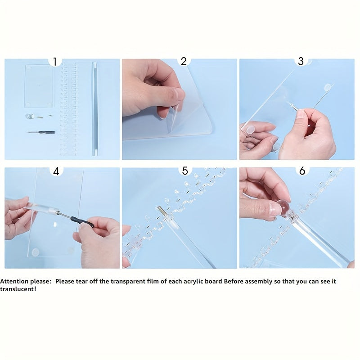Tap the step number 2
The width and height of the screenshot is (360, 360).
point(184,61)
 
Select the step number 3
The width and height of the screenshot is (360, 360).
point(301,61)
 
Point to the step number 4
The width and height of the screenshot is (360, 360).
point(56,171)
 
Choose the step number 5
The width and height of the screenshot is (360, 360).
point(185,171)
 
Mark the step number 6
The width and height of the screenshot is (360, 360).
point(302,171)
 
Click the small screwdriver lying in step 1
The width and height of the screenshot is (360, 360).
point(41,132)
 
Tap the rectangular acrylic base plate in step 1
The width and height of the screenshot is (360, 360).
point(39,85)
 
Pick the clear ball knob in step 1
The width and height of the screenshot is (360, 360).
point(29,116)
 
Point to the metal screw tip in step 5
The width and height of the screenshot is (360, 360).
point(161,211)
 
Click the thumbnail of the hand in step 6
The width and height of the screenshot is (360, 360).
point(275,208)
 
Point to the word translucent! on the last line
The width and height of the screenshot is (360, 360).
point(18,289)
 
